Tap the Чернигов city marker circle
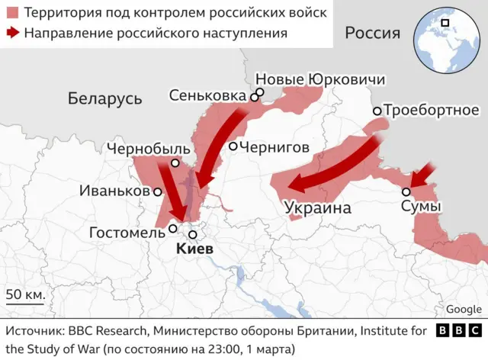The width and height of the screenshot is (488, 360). click(x=233, y=146)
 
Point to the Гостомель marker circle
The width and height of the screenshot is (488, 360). click(x=173, y=228)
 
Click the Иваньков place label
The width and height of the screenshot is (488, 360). click(x=114, y=191)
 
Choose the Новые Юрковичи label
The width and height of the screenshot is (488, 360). click(x=319, y=80)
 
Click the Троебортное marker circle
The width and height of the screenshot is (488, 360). click(x=377, y=111)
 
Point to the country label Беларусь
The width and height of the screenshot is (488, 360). click(x=104, y=98)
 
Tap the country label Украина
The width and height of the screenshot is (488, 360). click(x=317, y=208)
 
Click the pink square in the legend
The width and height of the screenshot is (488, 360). click(x=11, y=13)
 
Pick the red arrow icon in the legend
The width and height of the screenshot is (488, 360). click(x=11, y=33)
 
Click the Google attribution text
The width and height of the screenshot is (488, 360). click(x=464, y=309)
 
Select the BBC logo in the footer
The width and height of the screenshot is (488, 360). click(x=458, y=331)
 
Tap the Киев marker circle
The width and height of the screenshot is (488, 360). click(x=194, y=236)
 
